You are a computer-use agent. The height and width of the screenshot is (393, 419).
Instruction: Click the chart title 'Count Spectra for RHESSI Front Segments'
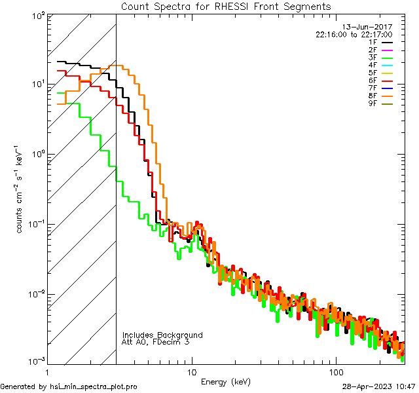click(x=226, y=6)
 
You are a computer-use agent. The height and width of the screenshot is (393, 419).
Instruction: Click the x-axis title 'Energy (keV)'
click(x=225, y=381)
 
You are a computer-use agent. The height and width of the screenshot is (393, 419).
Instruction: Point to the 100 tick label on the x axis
click(x=336, y=371)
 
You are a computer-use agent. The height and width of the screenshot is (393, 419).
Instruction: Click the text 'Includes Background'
click(x=162, y=335)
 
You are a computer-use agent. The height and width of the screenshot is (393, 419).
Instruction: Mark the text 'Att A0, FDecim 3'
click(x=155, y=342)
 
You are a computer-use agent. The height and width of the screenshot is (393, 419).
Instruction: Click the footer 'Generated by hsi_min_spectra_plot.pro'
click(x=69, y=386)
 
